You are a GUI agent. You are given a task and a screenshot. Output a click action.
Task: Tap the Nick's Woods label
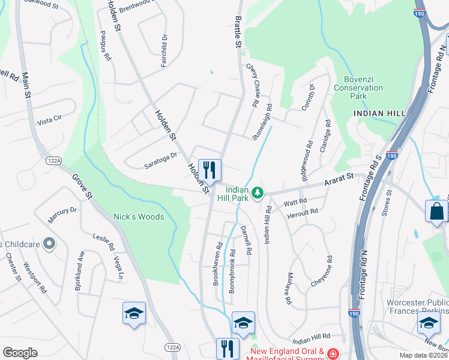(139, 217)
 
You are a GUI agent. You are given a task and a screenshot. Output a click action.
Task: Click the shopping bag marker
(435, 211)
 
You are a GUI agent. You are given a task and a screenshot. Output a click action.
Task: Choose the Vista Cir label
(49, 119)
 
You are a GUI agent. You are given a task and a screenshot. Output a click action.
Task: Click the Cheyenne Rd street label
(321, 271)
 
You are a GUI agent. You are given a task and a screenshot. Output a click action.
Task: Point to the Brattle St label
(237, 33)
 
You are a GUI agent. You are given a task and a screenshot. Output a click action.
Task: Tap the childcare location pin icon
(50, 244)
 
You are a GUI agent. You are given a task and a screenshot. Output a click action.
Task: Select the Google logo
(20, 353)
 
